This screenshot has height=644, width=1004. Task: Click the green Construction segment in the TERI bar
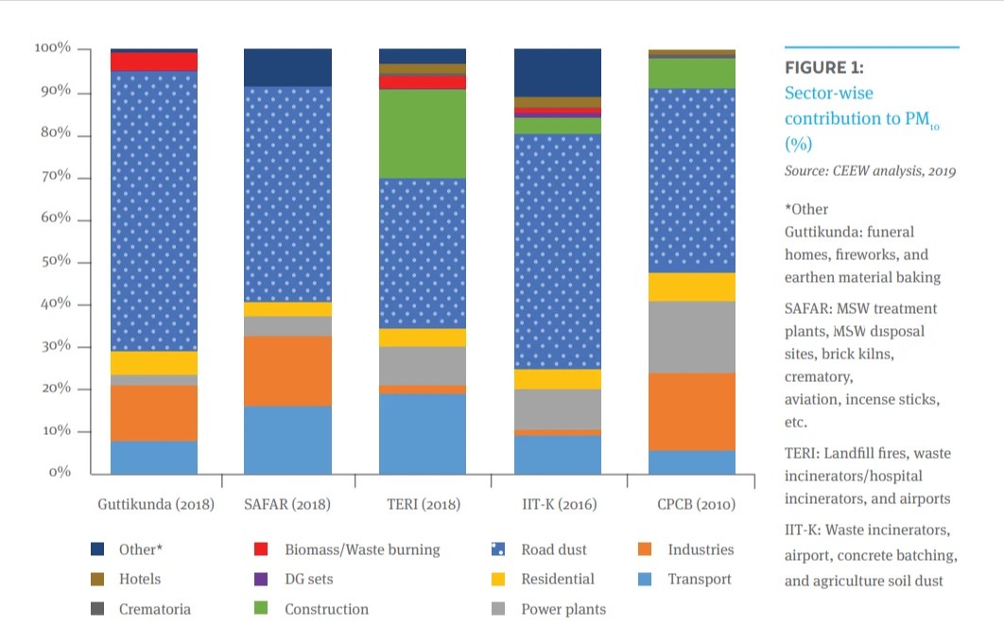click(x=423, y=133)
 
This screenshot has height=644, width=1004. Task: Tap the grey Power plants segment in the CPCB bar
click(x=692, y=337)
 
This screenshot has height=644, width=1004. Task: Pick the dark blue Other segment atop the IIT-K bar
click(x=558, y=72)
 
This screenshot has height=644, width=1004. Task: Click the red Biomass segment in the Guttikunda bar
click(x=154, y=61)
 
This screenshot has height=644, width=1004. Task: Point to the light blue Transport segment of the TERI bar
click(x=423, y=433)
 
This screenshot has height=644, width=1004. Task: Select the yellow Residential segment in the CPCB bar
click(x=692, y=287)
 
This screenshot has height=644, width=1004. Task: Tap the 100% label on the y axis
click(x=53, y=48)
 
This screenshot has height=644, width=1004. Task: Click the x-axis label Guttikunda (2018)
click(x=156, y=504)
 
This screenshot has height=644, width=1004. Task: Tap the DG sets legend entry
click(x=308, y=579)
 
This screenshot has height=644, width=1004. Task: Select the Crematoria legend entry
click(x=154, y=609)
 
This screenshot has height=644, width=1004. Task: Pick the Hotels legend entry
click(x=139, y=579)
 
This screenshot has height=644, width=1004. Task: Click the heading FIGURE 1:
click(x=824, y=68)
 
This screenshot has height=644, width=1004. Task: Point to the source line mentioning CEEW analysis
click(x=870, y=171)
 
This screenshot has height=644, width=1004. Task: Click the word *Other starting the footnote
click(x=805, y=209)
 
